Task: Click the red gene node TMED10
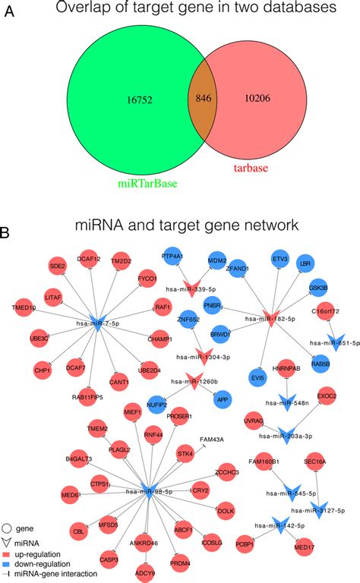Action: (24, 308)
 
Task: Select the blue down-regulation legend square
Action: (8, 563)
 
